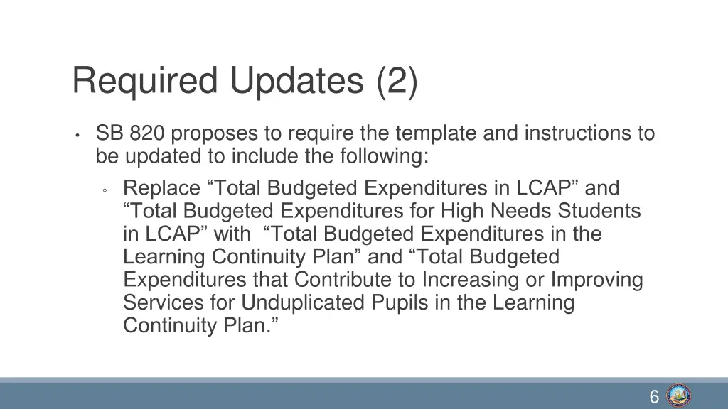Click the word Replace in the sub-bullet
coord(161,188)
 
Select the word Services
coord(164,302)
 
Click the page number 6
coord(654,397)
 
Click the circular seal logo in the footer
coord(679,396)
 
